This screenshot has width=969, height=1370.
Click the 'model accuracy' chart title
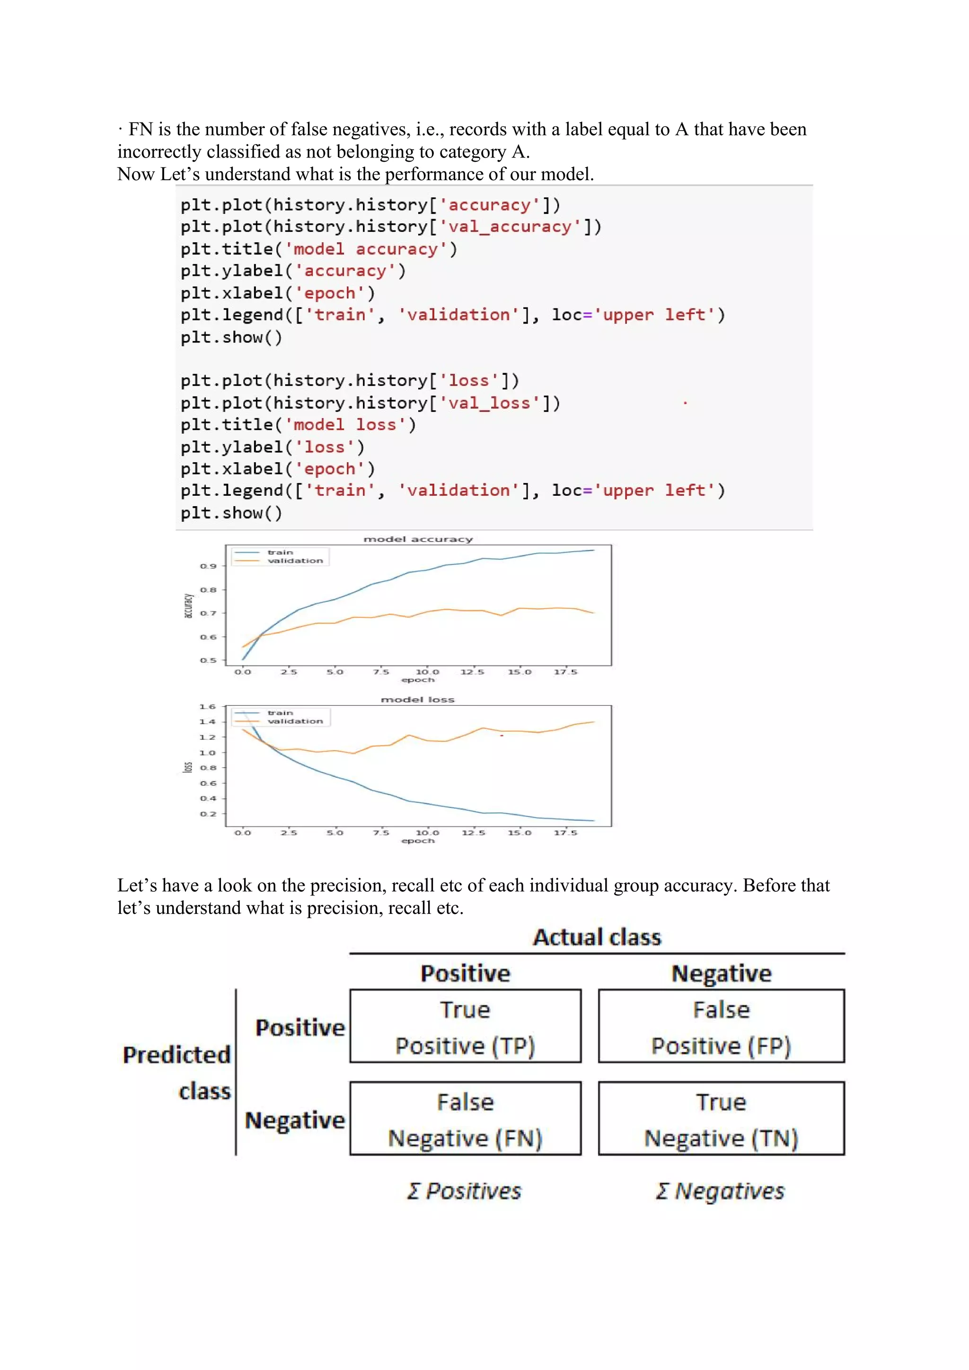pyautogui.click(x=418, y=539)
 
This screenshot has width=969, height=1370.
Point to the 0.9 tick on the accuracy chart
pyautogui.click(x=208, y=566)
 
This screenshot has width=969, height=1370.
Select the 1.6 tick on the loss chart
pyautogui.click(x=208, y=706)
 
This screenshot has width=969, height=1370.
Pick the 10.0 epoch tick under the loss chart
pyautogui.click(x=427, y=833)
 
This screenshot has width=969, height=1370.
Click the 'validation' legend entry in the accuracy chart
pyautogui.click(x=295, y=561)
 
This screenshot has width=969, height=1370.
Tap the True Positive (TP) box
pyautogui.click(x=466, y=1026)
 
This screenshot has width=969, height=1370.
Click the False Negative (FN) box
pyautogui.click(x=466, y=1119)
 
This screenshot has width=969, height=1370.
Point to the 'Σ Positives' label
pyautogui.click(x=464, y=1191)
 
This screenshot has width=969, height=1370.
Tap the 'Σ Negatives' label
pyautogui.click(x=720, y=1191)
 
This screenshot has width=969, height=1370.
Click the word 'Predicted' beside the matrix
pyautogui.click(x=176, y=1055)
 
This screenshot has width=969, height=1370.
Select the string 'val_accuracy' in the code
pyautogui.click(x=510, y=227)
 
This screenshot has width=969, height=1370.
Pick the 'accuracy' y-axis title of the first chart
pyautogui.click(x=188, y=606)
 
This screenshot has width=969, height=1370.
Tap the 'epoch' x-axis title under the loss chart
pyautogui.click(x=418, y=841)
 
